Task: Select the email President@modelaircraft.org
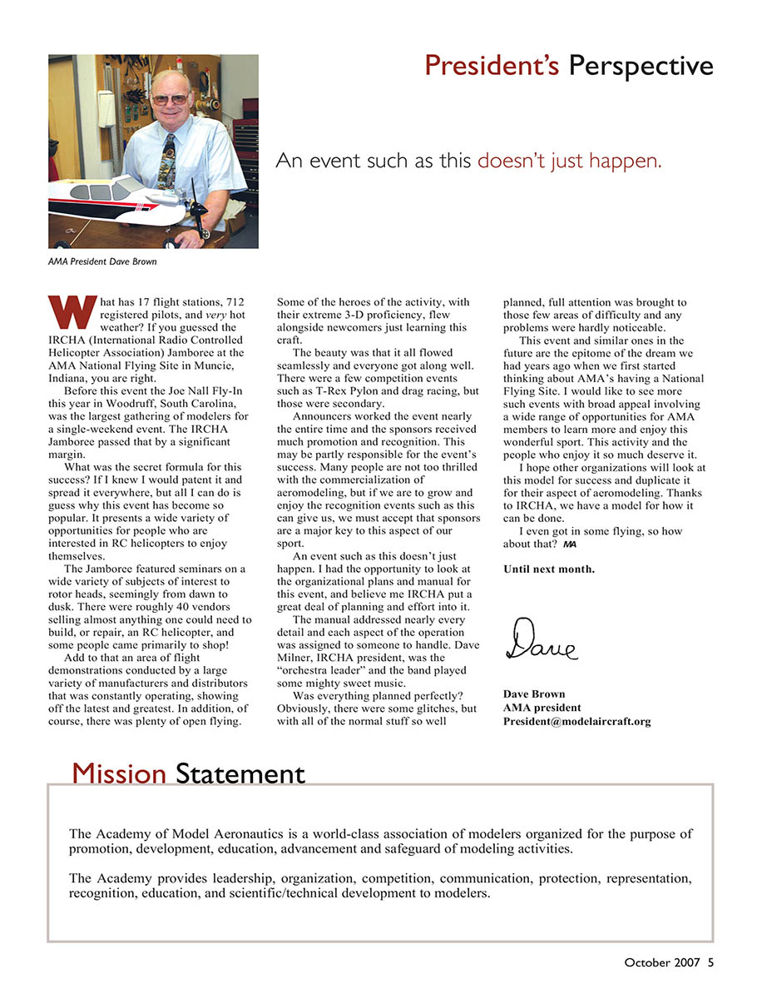[576, 722]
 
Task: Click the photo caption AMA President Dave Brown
[101, 262]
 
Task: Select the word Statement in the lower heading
[240, 774]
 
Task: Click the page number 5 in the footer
[710, 962]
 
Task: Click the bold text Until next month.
[549, 569]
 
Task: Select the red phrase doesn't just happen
[570, 161]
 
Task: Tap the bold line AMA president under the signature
[542, 708]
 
